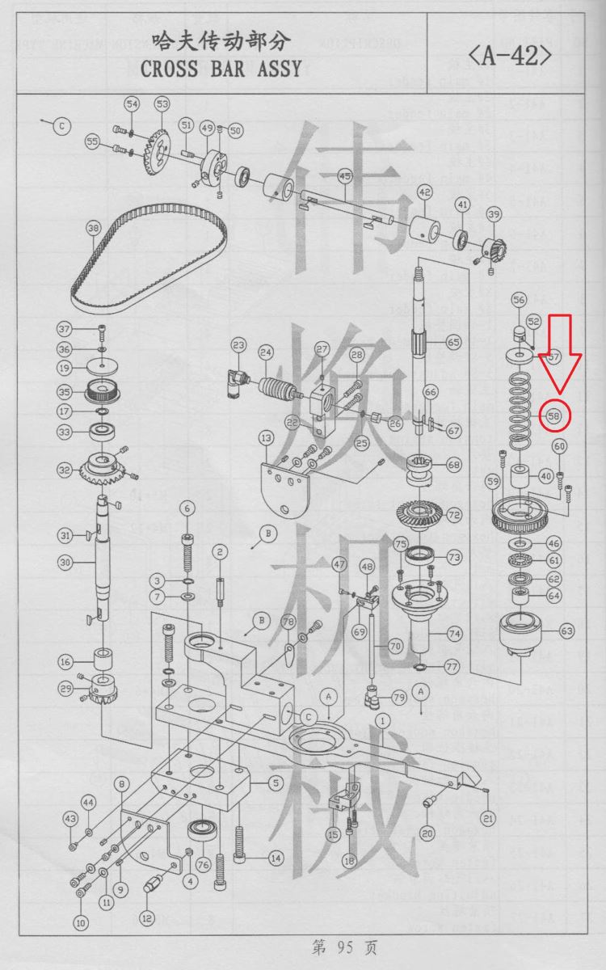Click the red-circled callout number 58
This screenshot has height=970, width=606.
(x=554, y=416)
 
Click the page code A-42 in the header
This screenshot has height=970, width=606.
(x=511, y=56)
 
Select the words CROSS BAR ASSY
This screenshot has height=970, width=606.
(x=221, y=69)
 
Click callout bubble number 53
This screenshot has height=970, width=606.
(x=162, y=104)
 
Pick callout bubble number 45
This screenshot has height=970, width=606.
(x=345, y=176)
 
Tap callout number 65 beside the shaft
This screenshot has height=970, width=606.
(x=453, y=343)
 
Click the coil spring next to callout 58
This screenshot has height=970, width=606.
(x=518, y=411)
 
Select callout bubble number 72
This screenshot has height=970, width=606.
(x=454, y=515)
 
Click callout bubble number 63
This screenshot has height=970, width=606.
(x=567, y=631)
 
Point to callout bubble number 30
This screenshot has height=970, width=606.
(x=65, y=563)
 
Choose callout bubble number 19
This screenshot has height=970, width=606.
(x=65, y=369)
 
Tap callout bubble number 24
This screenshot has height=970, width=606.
(x=266, y=352)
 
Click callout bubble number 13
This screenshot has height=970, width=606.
(x=266, y=438)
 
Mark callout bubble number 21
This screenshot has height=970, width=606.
(x=488, y=818)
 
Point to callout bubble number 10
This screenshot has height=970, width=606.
(x=81, y=923)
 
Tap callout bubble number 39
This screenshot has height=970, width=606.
(x=494, y=214)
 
